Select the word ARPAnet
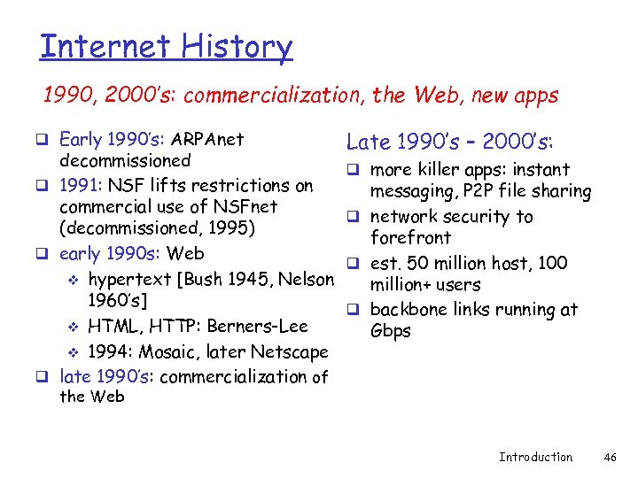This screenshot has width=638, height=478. point(207,139)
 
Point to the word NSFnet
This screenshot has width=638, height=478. point(244,206)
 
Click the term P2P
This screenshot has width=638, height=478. point(466,191)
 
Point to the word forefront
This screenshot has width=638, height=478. point(410,237)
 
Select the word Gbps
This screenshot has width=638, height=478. point(390,330)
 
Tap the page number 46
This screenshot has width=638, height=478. point(610,457)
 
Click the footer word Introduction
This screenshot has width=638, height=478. point(535,457)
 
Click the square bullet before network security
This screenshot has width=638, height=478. point(353,217)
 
